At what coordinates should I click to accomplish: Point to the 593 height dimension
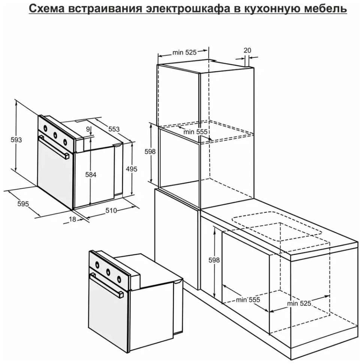click(x=16, y=140)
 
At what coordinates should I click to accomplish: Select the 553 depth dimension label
click(x=114, y=129)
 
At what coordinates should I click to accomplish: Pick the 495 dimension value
click(x=132, y=169)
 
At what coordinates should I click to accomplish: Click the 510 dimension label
click(x=111, y=211)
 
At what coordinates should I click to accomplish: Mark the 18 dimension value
click(x=72, y=220)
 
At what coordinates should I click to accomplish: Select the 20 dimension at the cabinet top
click(x=247, y=50)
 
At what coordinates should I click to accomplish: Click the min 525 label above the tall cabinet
click(x=184, y=53)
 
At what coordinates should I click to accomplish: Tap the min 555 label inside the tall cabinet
click(x=195, y=132)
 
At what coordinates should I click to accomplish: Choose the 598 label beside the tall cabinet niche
click(x=150, y=152)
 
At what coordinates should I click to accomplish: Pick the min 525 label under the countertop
click(x=299, y=304)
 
